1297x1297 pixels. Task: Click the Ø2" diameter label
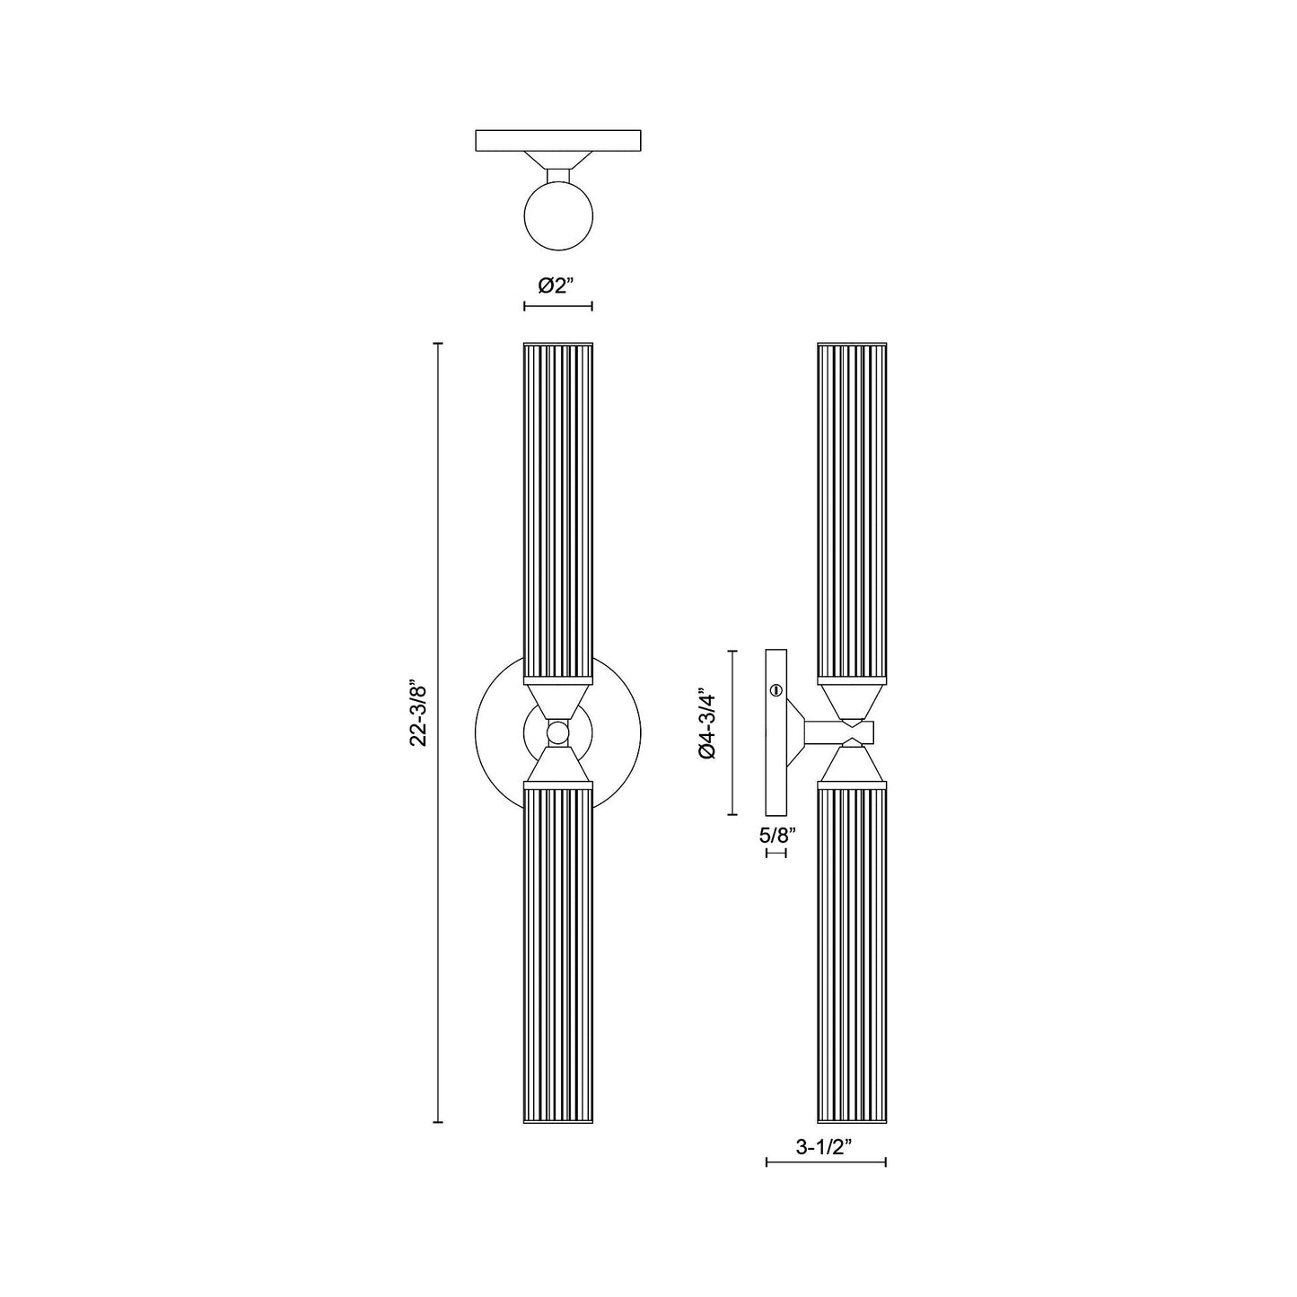[x=556, y=285]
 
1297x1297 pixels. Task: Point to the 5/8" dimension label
[x=777, y=835]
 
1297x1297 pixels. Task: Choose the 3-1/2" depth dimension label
[x=825, y=1145]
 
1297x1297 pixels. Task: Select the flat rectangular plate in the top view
[x=557, y=141]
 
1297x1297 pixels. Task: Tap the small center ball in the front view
[x=557, y=732]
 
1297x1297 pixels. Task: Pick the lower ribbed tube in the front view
[x=557, y=951]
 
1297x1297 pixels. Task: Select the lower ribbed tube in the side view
[x=852, y=951]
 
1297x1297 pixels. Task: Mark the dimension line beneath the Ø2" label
[x=557, y=307]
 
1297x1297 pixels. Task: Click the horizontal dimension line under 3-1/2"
[x=826, y=1162]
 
